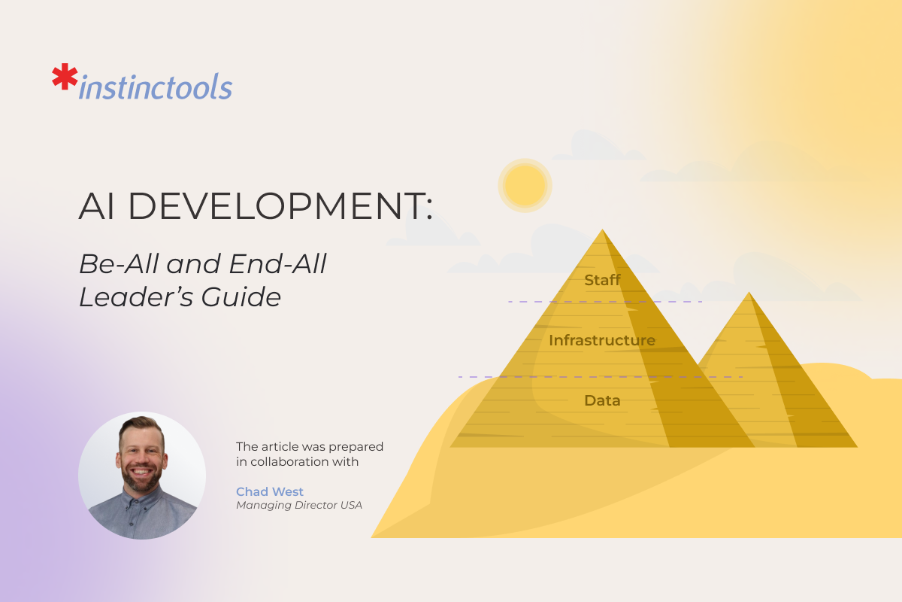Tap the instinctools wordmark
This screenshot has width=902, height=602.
pos(156,88)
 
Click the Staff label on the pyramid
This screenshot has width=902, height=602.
pos(602,281)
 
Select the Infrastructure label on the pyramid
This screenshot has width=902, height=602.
pos(601,340)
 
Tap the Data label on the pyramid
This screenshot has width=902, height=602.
pos(602,400)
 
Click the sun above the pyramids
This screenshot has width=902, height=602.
pos(525,185)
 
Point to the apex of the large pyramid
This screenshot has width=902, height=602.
pos(603,230)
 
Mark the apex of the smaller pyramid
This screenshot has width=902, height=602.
pos(748,293)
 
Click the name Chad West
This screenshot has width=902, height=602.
pos(269,491)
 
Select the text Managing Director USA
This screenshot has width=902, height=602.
pos(298,505)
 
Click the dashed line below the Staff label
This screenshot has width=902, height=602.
pos(605,302)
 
